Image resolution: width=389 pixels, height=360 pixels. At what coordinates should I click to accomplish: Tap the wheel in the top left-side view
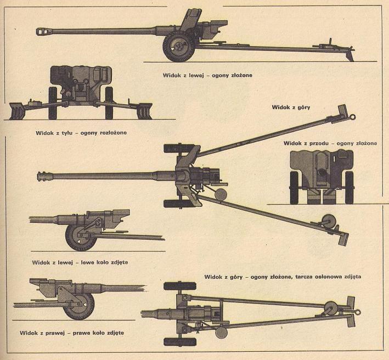179,47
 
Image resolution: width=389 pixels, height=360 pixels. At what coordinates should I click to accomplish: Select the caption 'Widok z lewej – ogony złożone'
207,75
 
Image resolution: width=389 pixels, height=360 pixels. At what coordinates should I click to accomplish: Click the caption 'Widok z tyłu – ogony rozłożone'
81,133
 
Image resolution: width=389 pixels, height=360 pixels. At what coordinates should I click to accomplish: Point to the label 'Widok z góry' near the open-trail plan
291,108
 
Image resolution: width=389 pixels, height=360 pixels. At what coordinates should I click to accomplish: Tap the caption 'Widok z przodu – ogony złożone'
330,143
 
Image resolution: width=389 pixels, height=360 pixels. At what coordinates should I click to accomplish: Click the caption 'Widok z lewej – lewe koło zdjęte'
80,262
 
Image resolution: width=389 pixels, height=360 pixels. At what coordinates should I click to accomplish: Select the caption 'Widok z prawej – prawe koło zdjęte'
72,333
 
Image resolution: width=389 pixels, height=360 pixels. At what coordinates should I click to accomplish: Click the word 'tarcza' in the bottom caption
304,277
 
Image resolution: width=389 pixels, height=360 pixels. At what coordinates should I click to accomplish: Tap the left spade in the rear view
17,111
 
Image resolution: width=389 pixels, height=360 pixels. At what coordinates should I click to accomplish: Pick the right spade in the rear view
144,111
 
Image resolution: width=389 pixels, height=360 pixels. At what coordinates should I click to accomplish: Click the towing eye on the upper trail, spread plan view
352,117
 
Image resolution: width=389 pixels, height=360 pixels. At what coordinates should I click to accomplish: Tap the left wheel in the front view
294,188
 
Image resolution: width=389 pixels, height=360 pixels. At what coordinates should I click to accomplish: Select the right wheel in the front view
349,188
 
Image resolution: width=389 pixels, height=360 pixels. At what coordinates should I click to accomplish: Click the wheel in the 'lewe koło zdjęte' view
81,237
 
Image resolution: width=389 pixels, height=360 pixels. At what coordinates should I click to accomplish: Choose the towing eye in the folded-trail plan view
358,312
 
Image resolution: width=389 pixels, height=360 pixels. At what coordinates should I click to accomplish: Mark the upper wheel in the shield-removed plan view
180,286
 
